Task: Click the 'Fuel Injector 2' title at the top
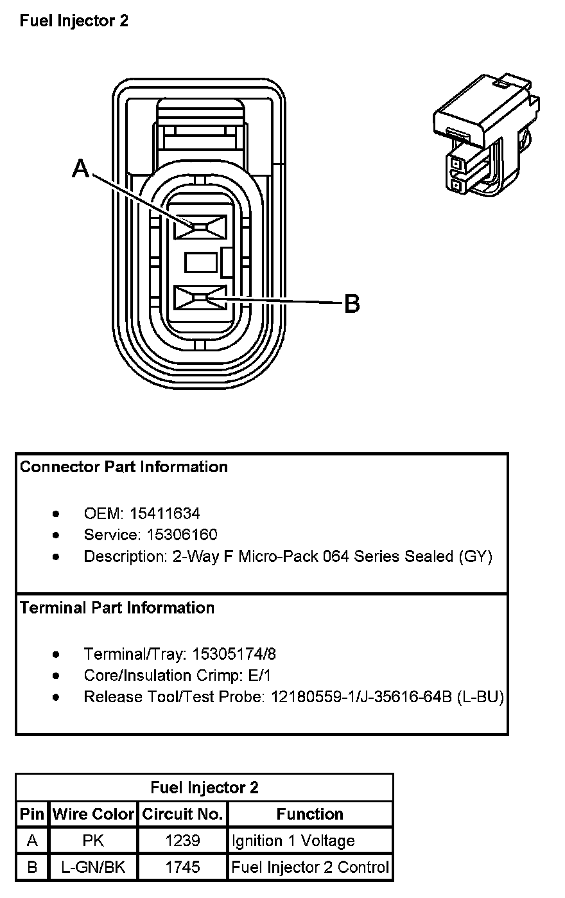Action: pyautogui.click(x=74, y=21)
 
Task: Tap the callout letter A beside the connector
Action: pyautogui.click(x=80, y=169)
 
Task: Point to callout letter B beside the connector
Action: pyautogui.click(x=352, y=303)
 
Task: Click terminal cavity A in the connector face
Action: pyautogui.click(x=201, y=226)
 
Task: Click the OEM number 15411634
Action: pyautogui.click(x=164, y=514)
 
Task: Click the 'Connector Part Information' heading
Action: pyautogui.click(x=124, y=467)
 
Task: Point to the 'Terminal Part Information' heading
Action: pyautogui.click(x=117, y=608)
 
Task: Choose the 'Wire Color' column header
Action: pyautogui.click(x=94, y=814)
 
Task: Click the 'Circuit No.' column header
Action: pyautogui.click(x=182, y=814)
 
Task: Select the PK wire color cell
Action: pyautogui.click(x=93, y=841)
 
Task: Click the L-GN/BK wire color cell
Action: pyautogui.click(x=93, y=867)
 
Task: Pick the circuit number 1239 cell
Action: pyautogui.click(x=182, y=841)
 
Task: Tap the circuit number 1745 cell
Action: pyautogui.click(x=182, y=867)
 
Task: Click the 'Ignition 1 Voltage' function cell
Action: pyautogui.click(x=293, y=841)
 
